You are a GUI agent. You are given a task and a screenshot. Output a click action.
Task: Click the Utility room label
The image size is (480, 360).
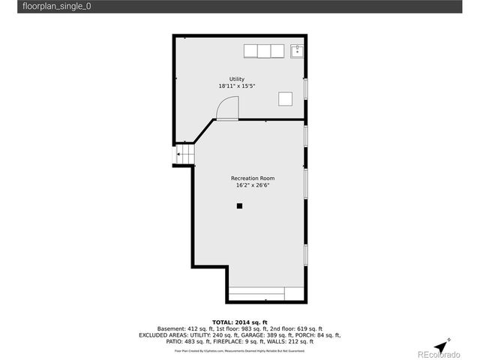(237, 79)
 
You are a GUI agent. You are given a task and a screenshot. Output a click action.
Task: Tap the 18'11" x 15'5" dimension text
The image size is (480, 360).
(237, 86)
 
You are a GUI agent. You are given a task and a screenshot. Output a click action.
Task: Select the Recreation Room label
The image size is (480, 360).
(253, 178)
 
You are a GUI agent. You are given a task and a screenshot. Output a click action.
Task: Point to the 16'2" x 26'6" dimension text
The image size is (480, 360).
(253, 185)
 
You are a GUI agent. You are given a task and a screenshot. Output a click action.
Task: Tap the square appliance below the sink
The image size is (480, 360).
(285, 97)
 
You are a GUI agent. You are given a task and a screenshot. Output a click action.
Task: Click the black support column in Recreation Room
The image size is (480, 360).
(240, 205)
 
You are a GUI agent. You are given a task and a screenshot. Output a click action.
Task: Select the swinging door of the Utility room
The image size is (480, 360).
(227, 109)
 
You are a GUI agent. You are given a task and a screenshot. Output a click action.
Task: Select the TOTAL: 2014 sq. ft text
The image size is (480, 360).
(240, 322)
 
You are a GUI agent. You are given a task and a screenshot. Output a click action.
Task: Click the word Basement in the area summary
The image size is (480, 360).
(171, 328)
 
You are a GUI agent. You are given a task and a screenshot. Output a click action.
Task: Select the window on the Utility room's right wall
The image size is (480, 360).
(305, 88)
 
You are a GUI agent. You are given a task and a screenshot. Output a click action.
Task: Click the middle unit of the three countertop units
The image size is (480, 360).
(264, 51)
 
